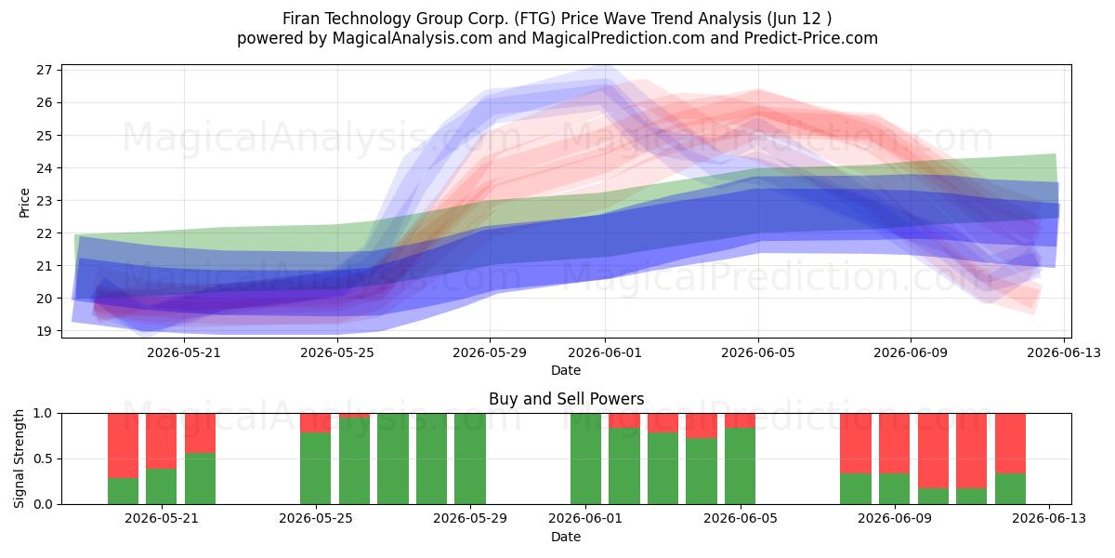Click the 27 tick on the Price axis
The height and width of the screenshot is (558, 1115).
[45, 70]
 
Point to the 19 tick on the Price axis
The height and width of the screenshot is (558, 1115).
[45, 331]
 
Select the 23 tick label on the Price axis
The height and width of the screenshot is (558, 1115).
[45, 200]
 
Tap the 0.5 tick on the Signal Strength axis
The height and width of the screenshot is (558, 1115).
[43, 458]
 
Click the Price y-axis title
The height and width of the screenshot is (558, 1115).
[24, 203]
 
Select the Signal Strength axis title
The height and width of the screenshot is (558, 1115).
[19, 458]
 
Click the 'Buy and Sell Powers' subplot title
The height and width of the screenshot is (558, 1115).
[566, 399]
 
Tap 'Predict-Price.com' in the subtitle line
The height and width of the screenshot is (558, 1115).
[811, 38]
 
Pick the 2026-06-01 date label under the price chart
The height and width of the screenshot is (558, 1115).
[605, 352]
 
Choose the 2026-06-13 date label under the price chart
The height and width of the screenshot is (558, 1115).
[1064, 352]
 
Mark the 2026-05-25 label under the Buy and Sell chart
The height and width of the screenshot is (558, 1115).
[316, 518]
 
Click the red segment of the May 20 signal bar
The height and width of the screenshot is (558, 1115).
[123, 445]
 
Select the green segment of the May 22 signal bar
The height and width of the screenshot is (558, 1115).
[200, 478]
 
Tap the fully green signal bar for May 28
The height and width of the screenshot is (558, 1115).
[431, 458]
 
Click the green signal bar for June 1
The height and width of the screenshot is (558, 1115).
[586, 458]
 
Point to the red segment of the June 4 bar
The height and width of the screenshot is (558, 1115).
[702, 426]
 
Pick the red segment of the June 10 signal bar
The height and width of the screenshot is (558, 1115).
[933, 450]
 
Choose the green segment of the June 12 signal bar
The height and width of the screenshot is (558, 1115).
[1011, 489]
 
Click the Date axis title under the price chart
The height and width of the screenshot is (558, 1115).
[566, 370]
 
